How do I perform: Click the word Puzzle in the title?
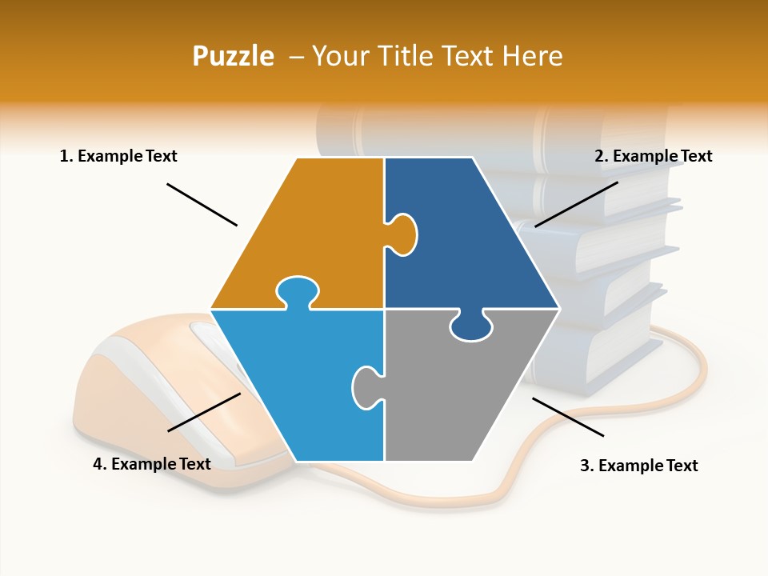(233, 56)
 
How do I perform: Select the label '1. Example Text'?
(118, 156)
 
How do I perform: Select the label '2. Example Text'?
(653, 156)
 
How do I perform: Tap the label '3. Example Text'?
(638, 466)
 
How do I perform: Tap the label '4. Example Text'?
(152, 464)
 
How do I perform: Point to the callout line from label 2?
(576, 204)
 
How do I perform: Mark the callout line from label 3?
(568, 417)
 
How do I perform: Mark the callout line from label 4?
(204, 412)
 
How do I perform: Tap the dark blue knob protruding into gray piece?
(470, 326)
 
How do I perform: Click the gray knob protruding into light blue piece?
(366, 387)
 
